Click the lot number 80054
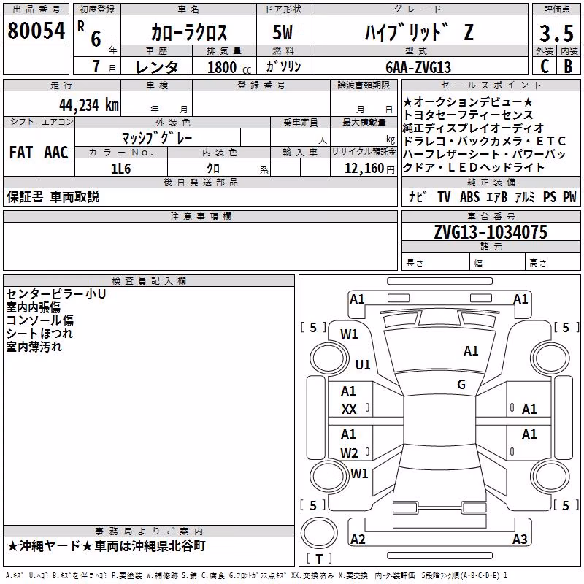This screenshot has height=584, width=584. pyautogui.click(x=36, y=31)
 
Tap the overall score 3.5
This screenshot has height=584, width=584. pyautogui.click(x=556, y=33)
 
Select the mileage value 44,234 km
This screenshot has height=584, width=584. pyautogui.click(x=89, y=105)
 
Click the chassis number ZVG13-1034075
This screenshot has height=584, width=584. pyautogui.click(x=491, y=232)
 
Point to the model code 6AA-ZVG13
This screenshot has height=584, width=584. pyautogui.click(x=418, y=67)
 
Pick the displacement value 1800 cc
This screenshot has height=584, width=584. pyautogui.click(x=229, y=67)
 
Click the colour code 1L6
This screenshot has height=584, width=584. pyautogui.click(x=120, y=169)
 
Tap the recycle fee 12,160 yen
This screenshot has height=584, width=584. pyautogui.click(x=369, y=169)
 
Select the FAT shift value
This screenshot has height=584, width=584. pyautogui.click(x=21, y=153)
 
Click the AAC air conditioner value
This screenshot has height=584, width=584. pyautogui.click(x=56, y=153)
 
